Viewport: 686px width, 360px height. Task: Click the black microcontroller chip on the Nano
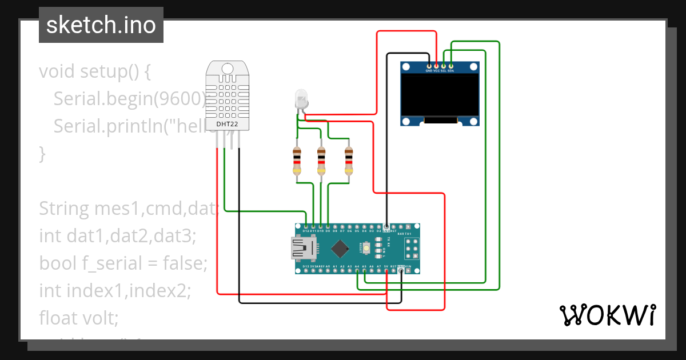pos(341,248)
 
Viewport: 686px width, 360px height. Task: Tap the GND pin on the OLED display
pos(429,65)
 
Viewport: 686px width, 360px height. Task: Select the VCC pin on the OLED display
pos(437,65)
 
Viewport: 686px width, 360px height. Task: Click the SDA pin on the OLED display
pos(451,65)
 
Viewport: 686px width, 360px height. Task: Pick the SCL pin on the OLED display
pos(444,65)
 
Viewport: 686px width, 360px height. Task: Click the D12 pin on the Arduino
pos(306,227)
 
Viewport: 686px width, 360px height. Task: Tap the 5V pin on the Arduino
pos(386,270)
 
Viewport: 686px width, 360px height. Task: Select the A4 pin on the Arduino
pos(357,270)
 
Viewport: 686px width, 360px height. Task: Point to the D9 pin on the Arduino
pos(328,227)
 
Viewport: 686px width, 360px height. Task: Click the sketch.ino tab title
pos(101,25)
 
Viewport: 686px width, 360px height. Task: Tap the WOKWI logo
pos(607,315)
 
